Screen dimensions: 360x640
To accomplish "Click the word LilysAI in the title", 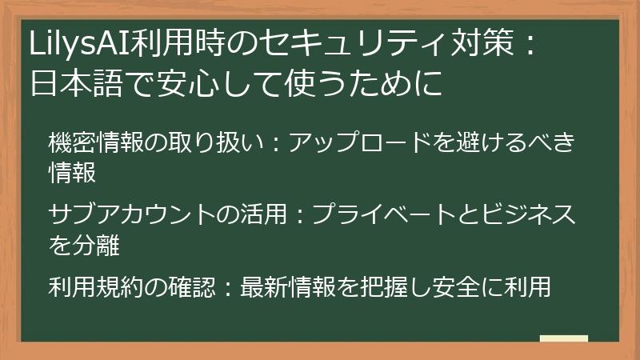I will (81, 44).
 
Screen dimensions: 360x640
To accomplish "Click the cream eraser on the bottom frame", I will (563, 339).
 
